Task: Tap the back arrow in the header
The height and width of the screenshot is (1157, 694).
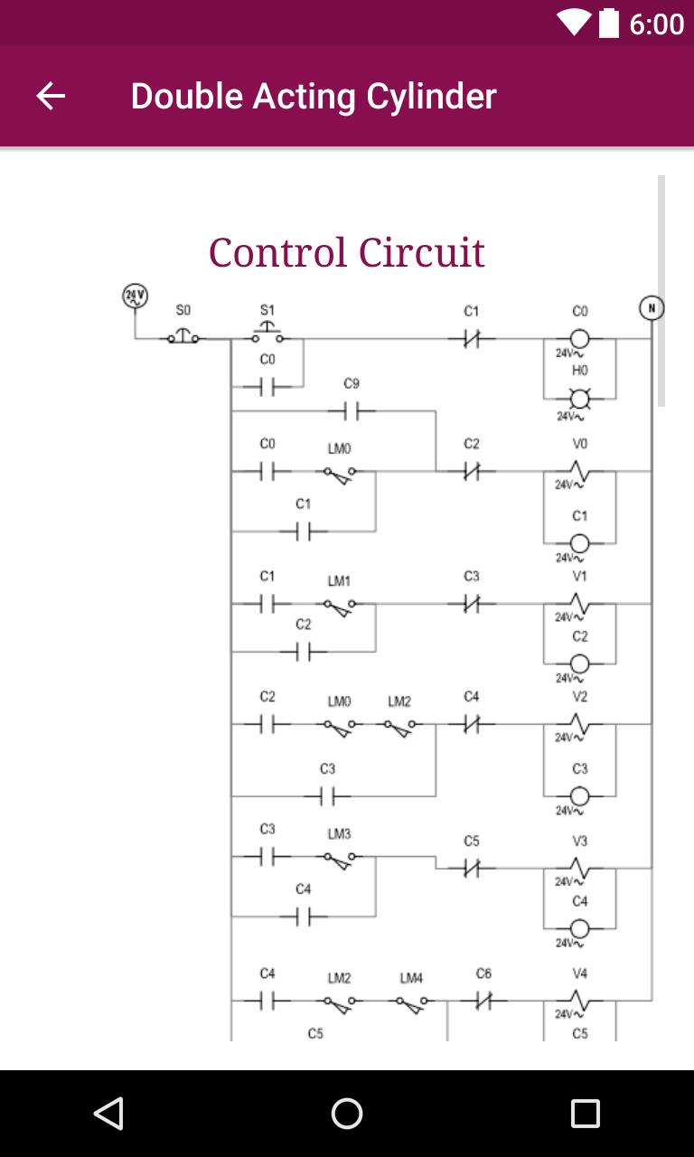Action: point(51,96)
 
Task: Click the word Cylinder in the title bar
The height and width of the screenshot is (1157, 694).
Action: point(431,97)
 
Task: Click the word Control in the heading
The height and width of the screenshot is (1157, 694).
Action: point(277,252)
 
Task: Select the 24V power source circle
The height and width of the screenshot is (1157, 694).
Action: point(135,296)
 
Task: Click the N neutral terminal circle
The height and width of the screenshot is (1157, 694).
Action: point(652,308)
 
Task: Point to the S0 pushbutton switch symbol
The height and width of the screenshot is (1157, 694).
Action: point(183,336)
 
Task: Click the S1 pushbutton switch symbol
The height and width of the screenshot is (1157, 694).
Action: point(267,333)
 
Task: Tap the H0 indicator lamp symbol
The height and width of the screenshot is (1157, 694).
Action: point(579,399)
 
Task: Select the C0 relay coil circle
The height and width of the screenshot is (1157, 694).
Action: point(579,339)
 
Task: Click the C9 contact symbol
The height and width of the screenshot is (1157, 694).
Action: point(352,411)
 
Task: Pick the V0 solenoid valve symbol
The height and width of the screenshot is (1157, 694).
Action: point(579,471)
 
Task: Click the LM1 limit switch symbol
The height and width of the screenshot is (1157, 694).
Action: point(340,607)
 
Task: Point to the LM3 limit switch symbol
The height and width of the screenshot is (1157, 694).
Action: point(340,860)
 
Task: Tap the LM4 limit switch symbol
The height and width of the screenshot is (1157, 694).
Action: point(411,1004)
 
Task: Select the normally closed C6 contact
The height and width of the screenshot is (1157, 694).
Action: point(483,1001)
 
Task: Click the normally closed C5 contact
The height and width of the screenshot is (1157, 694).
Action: point(472,869)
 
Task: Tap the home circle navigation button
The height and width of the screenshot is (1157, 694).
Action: point(347,1114)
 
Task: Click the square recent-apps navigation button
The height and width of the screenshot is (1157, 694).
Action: point(586,1114)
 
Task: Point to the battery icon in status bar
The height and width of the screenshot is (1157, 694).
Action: point(609,24)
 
